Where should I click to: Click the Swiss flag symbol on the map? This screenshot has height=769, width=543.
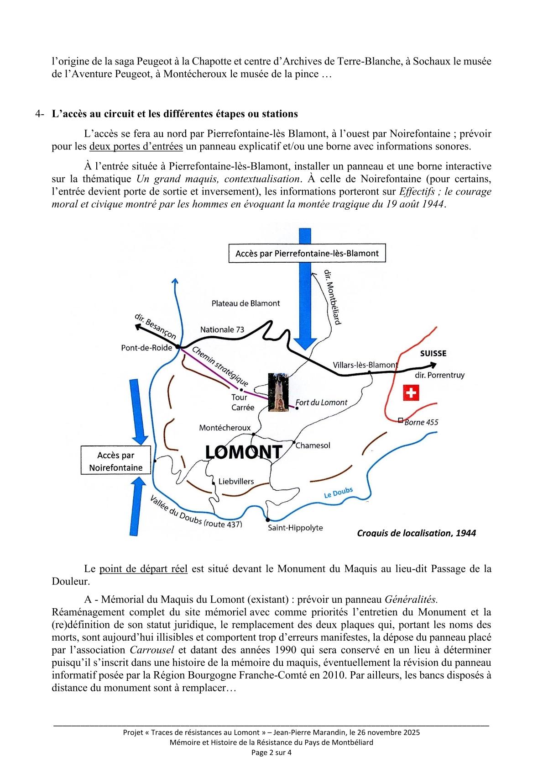coord(411,392)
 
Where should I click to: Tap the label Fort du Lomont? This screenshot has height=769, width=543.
coord(321,403)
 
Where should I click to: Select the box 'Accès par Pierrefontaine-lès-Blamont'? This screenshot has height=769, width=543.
coord(307,253)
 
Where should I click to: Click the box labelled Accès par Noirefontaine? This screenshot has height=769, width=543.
coord(115,461)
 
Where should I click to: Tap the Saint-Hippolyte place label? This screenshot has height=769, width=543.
coord(295,528)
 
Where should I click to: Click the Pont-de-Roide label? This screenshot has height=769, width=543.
coord(146,348)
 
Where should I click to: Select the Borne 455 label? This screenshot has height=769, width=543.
coord(421,422)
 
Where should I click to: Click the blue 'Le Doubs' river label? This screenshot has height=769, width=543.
coord(338,493)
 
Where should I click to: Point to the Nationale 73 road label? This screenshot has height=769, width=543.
coord(222,329)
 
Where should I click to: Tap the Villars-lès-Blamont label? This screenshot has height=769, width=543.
coord(365,365)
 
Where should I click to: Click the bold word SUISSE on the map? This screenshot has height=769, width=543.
coord(433,353)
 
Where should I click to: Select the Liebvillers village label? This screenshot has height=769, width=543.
coord(236,481)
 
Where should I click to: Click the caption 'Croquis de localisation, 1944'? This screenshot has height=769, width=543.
coord(416,533)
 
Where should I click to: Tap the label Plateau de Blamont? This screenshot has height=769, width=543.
coord(245,303)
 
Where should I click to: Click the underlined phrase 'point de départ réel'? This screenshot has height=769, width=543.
coord(143,569)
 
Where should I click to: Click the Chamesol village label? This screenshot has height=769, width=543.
coord(313,445)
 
